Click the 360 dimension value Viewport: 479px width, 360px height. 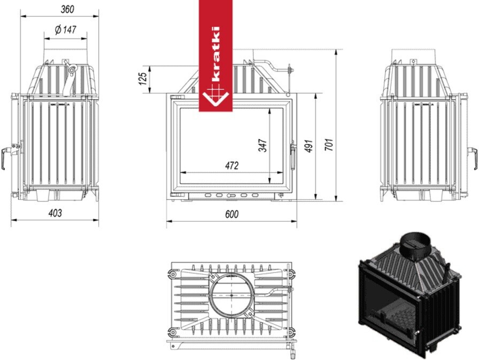point(67,9)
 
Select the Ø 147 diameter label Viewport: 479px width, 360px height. point(65,29)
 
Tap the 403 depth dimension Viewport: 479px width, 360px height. point(55,213)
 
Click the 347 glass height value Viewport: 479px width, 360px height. point(262,145)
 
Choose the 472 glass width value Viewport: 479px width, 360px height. point(231,166)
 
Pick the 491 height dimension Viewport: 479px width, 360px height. point(309,146)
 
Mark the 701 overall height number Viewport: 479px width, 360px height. point(329,144)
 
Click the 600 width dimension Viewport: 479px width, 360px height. point(232,214)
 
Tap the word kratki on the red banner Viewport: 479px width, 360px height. point(215,54)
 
